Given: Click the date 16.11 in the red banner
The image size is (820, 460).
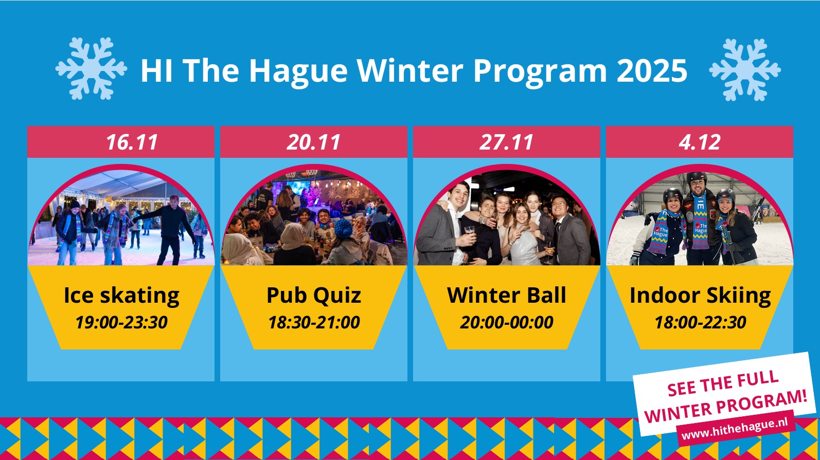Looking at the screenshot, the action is point(132,142).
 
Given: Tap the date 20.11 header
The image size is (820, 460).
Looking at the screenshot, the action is point(313,142).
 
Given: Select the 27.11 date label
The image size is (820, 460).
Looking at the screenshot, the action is point(506,142).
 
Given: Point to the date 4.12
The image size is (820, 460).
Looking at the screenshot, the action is point(700,142).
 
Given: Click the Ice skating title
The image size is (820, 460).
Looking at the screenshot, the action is point(121,296).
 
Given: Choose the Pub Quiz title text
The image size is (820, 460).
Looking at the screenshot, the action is point(314,296).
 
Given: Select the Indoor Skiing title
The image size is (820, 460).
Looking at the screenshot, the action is point(700,296).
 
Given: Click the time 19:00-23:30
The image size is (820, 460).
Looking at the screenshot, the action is point(121,322).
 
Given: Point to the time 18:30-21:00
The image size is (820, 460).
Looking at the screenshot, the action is point(314,322).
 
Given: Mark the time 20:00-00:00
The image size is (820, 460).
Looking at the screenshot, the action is point(507,322).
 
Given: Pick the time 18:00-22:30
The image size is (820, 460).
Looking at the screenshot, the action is point(700,322).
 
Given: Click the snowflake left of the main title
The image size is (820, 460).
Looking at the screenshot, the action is point(91,68).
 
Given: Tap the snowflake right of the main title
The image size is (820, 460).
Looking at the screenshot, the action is point(745,69).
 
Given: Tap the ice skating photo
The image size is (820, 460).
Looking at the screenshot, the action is point(121,216).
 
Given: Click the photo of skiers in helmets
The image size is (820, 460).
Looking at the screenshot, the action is point(700,216).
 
